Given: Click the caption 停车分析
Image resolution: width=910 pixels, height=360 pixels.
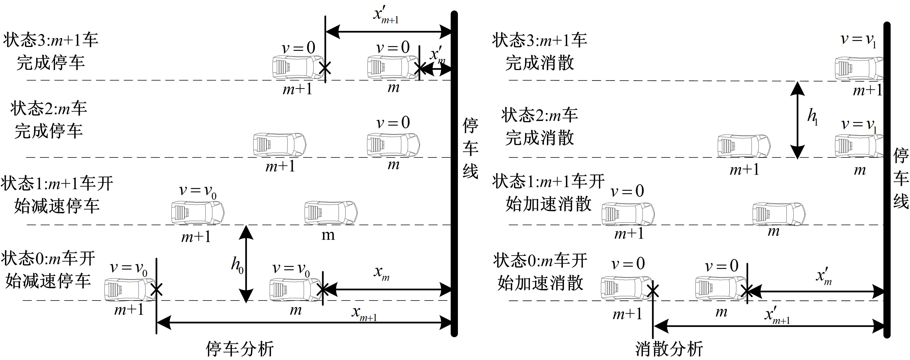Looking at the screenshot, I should (239, 349).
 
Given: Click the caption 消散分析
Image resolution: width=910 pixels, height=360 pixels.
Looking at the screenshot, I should (669, 349).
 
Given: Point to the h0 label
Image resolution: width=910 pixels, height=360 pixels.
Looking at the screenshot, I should (237, 264).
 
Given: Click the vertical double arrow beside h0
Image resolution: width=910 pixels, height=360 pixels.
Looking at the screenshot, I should (246, 264).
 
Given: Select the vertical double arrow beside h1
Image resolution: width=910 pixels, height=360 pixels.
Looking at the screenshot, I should (797, 120).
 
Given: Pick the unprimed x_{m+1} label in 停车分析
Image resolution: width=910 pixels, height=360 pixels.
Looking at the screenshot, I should (364, 313).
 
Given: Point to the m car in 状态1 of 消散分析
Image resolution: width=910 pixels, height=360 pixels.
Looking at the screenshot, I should (779, 213).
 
